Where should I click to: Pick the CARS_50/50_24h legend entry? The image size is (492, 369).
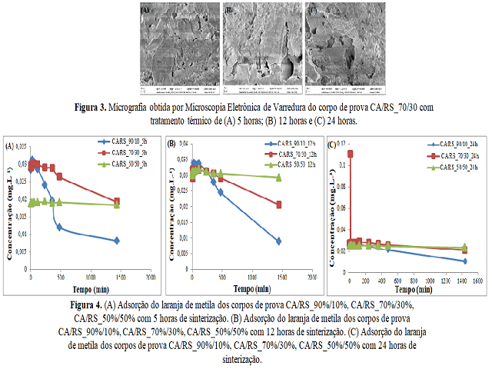tap(456, 167)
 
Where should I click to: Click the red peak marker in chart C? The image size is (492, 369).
tap(351, 155)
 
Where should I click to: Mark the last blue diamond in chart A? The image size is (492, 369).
tap(117, 241)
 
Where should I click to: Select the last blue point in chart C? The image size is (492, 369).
tap(464, 261)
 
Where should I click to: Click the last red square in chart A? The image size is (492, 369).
tap(117, 201)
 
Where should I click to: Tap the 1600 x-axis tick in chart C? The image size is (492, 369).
tap(477, 281)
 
